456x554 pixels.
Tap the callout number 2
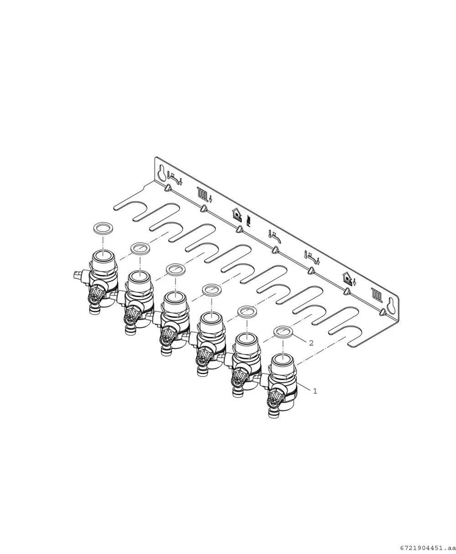tap(311, 343)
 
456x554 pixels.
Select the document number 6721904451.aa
tap(428, 548)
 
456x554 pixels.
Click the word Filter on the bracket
tap(249, 221)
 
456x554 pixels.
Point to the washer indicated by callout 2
tap(283, 332)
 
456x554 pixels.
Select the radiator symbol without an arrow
tap(376, 295)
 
